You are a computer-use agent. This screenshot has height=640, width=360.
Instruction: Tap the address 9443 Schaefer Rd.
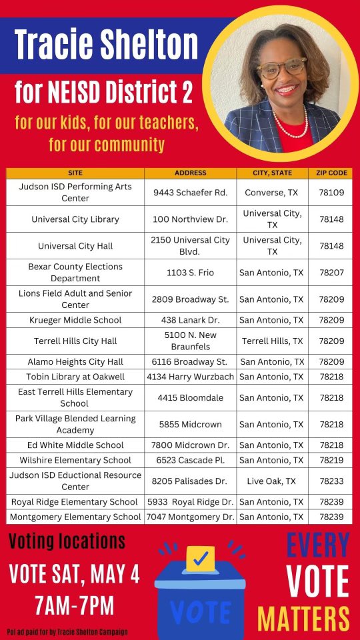click(190, 192)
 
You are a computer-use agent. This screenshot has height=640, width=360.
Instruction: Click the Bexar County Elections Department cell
click(75, 272)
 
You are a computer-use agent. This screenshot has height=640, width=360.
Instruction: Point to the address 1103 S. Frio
click(190, 272)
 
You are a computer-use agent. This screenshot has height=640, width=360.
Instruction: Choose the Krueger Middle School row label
click(75, 320)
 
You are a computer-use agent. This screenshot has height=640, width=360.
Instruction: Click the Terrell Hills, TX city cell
click(271, 341)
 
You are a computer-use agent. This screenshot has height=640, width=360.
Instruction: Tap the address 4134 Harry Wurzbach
click(190, 377)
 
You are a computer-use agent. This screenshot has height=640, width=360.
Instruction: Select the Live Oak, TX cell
click(271, 481)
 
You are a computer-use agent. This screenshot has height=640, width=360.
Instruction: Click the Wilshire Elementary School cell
click(75, 460)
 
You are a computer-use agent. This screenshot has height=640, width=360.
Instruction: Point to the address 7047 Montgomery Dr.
click(190, 517)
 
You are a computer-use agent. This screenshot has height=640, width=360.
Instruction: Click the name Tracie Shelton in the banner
click(107, 44)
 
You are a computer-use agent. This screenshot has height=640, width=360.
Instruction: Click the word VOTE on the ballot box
click(200, 611)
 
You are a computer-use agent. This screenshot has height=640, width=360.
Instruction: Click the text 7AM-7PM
click(73, 605)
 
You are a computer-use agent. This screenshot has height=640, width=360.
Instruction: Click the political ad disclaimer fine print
click(67, 631)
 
